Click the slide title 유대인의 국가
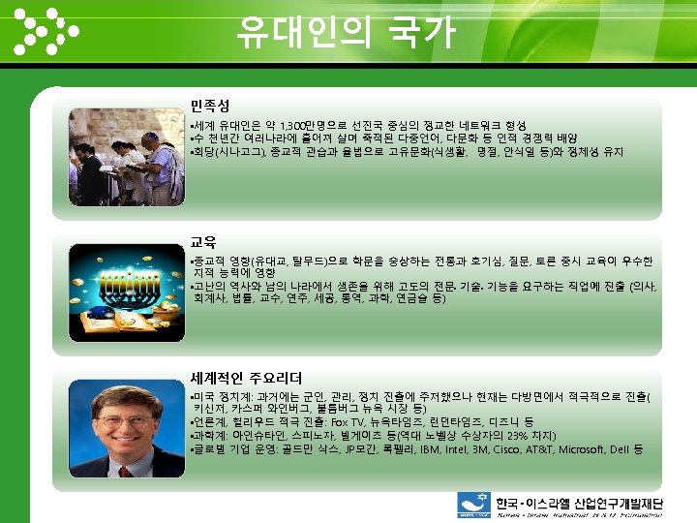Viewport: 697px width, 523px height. (346, 33)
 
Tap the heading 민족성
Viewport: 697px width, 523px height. (210, 104)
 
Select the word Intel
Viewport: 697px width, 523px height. (459, 449)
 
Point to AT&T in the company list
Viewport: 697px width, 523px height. (545, 449)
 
